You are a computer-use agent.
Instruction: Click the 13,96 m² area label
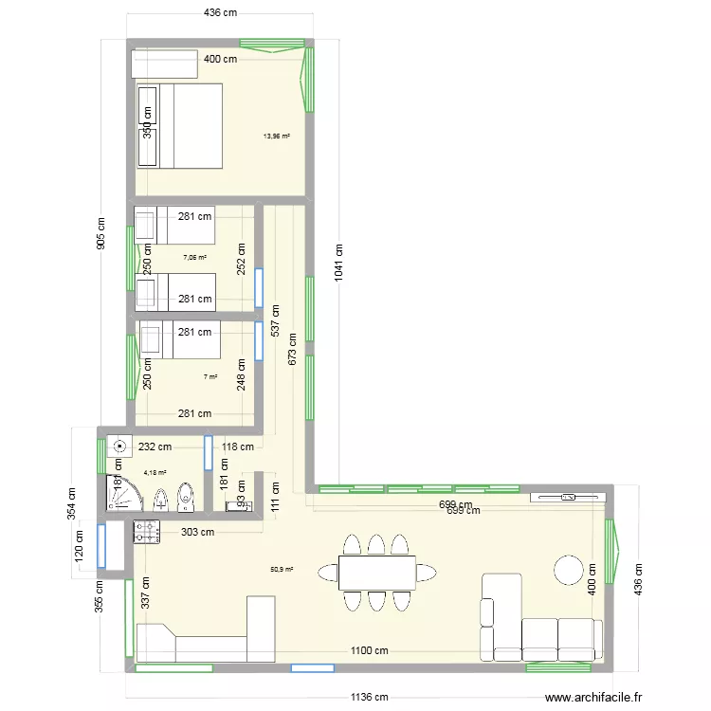(x=277, y=137)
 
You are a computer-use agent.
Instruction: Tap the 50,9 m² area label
(x=282, y=570)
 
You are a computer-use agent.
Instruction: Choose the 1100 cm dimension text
(x=370, y=650)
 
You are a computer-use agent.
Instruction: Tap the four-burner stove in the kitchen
(x=147, y=533)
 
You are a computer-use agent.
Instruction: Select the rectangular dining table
(x=376, y=573)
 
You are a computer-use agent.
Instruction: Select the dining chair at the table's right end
(x=428, y=573)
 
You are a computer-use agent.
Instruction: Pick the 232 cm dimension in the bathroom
(x=154, y=447)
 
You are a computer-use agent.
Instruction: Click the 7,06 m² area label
(x=195, y=257)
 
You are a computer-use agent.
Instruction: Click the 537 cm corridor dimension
(x=275, y=325)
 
